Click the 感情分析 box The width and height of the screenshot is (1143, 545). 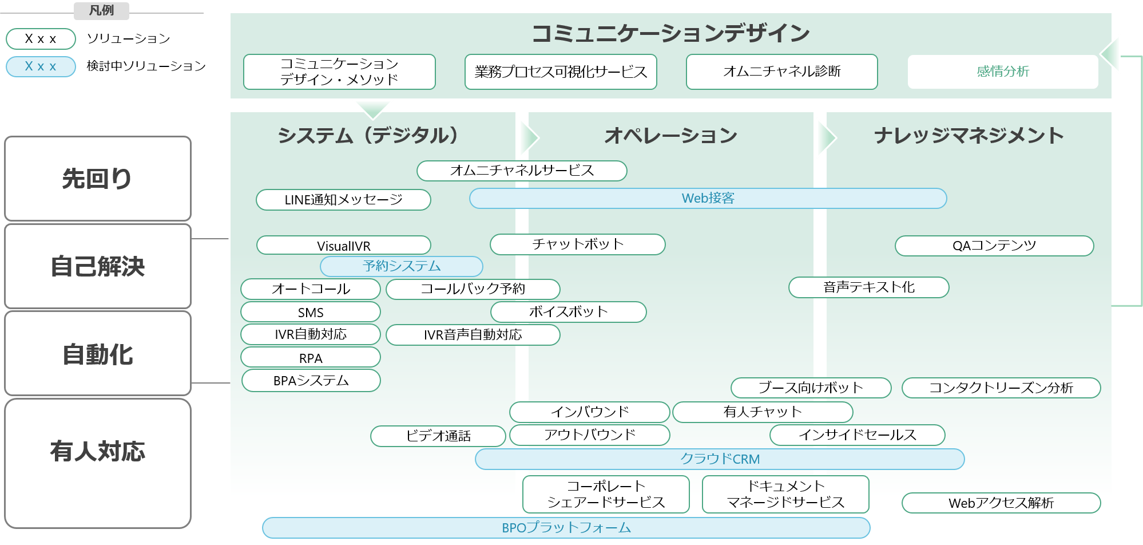[1002, 72]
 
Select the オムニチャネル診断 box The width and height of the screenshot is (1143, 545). [781, 72]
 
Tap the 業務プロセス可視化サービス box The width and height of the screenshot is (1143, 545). [561, 72]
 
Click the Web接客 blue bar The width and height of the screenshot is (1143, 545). [708, 198]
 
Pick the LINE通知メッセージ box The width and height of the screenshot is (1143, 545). [343, 200]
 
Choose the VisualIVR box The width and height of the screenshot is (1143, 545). [343, 246]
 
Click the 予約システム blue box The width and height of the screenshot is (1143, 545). [401, 266]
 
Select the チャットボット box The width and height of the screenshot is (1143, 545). [577, 244]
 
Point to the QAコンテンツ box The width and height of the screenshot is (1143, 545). [994, 246]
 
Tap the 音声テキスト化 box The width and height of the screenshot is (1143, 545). [868, 287]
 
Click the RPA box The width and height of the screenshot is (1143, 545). [311, 358]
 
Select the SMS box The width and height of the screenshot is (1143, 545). [311, 312]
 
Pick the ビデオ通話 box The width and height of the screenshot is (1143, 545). [438, 436]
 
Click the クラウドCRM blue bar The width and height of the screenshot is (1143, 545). [719, 459]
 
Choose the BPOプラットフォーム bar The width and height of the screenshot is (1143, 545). [566, 528]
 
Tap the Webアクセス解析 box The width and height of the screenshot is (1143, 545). [1001, 503]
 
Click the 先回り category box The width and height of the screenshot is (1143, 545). [97, 179]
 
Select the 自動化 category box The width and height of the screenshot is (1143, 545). [97, 354]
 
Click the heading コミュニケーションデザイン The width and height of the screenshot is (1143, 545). [670, 33]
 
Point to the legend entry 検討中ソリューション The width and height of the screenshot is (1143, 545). [145, 66]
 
